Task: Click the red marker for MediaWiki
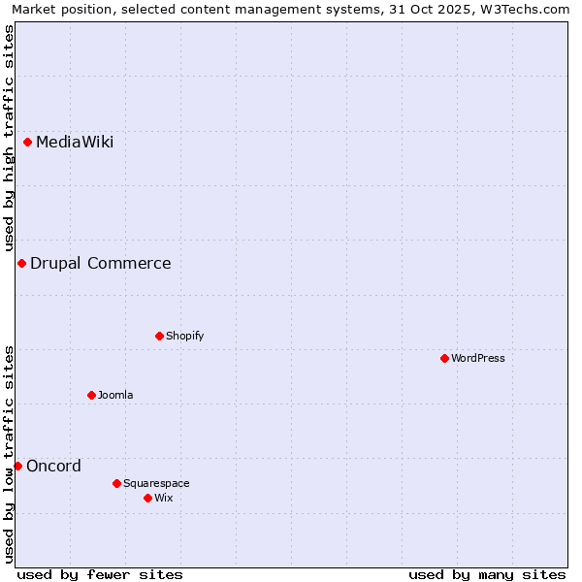[27, 143]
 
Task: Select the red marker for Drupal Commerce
[21, 263]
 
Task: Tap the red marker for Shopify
[159, 336]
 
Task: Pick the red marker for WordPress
[444, 358]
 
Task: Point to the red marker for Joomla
[91, 395]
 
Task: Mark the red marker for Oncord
[17, 466]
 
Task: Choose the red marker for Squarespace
[116, 483]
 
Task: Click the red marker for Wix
[147, 498]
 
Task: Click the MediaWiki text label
[75, 143]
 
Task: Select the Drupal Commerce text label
[101, 263]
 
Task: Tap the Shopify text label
[184, 336]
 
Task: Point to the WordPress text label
[478, 358]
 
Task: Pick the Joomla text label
[115, 395]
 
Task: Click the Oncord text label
[53, 466]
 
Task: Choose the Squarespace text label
[156, 483]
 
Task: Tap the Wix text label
[163, 498]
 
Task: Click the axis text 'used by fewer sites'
[100, 574]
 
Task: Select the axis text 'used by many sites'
[487, 574]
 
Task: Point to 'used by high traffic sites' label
[9, 139]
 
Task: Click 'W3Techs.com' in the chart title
[530, 9]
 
